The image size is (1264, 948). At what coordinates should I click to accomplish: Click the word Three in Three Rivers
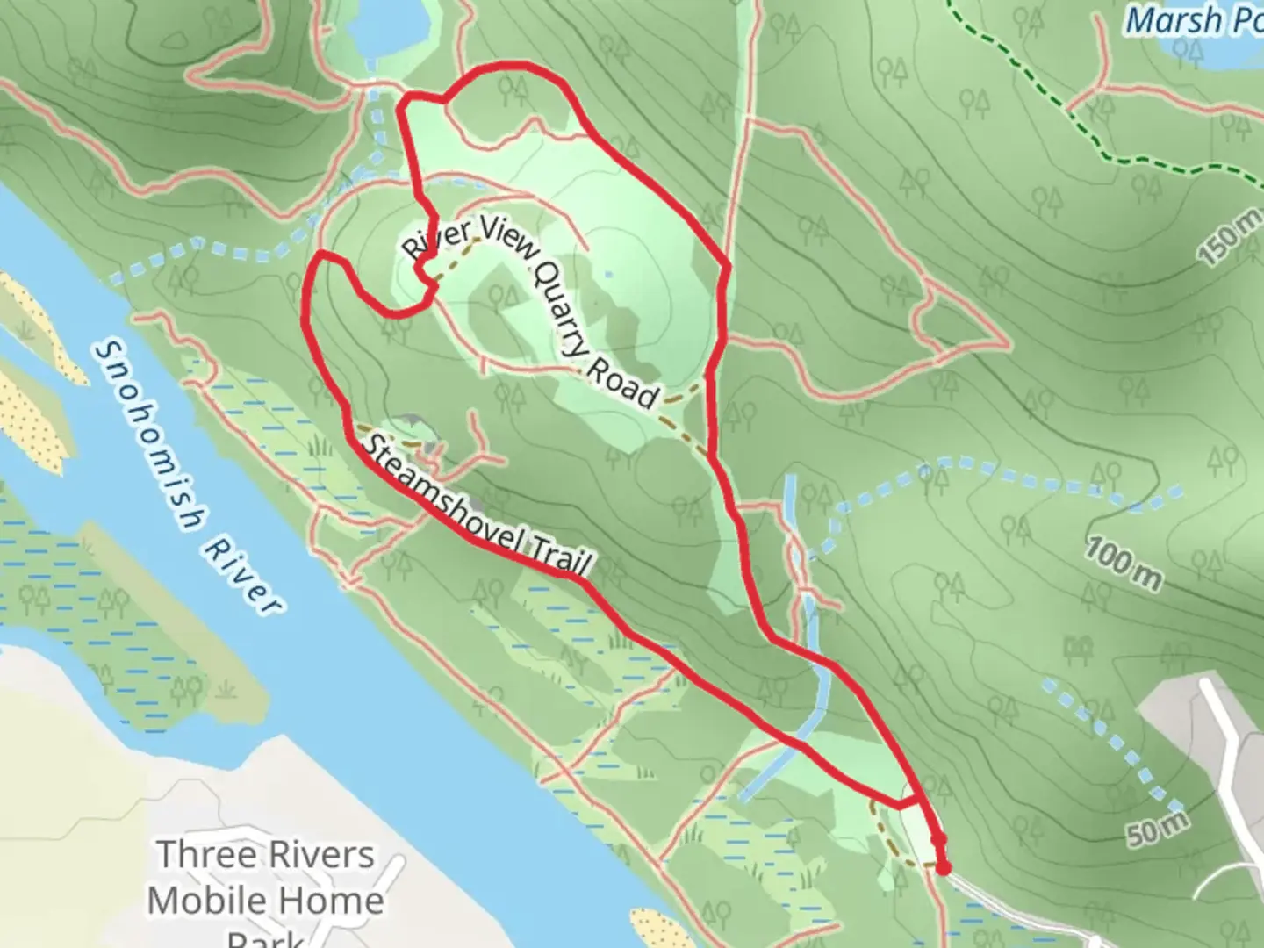click(x=205, y=854)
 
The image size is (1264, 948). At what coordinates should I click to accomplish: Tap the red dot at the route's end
click(x=944, y=868)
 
